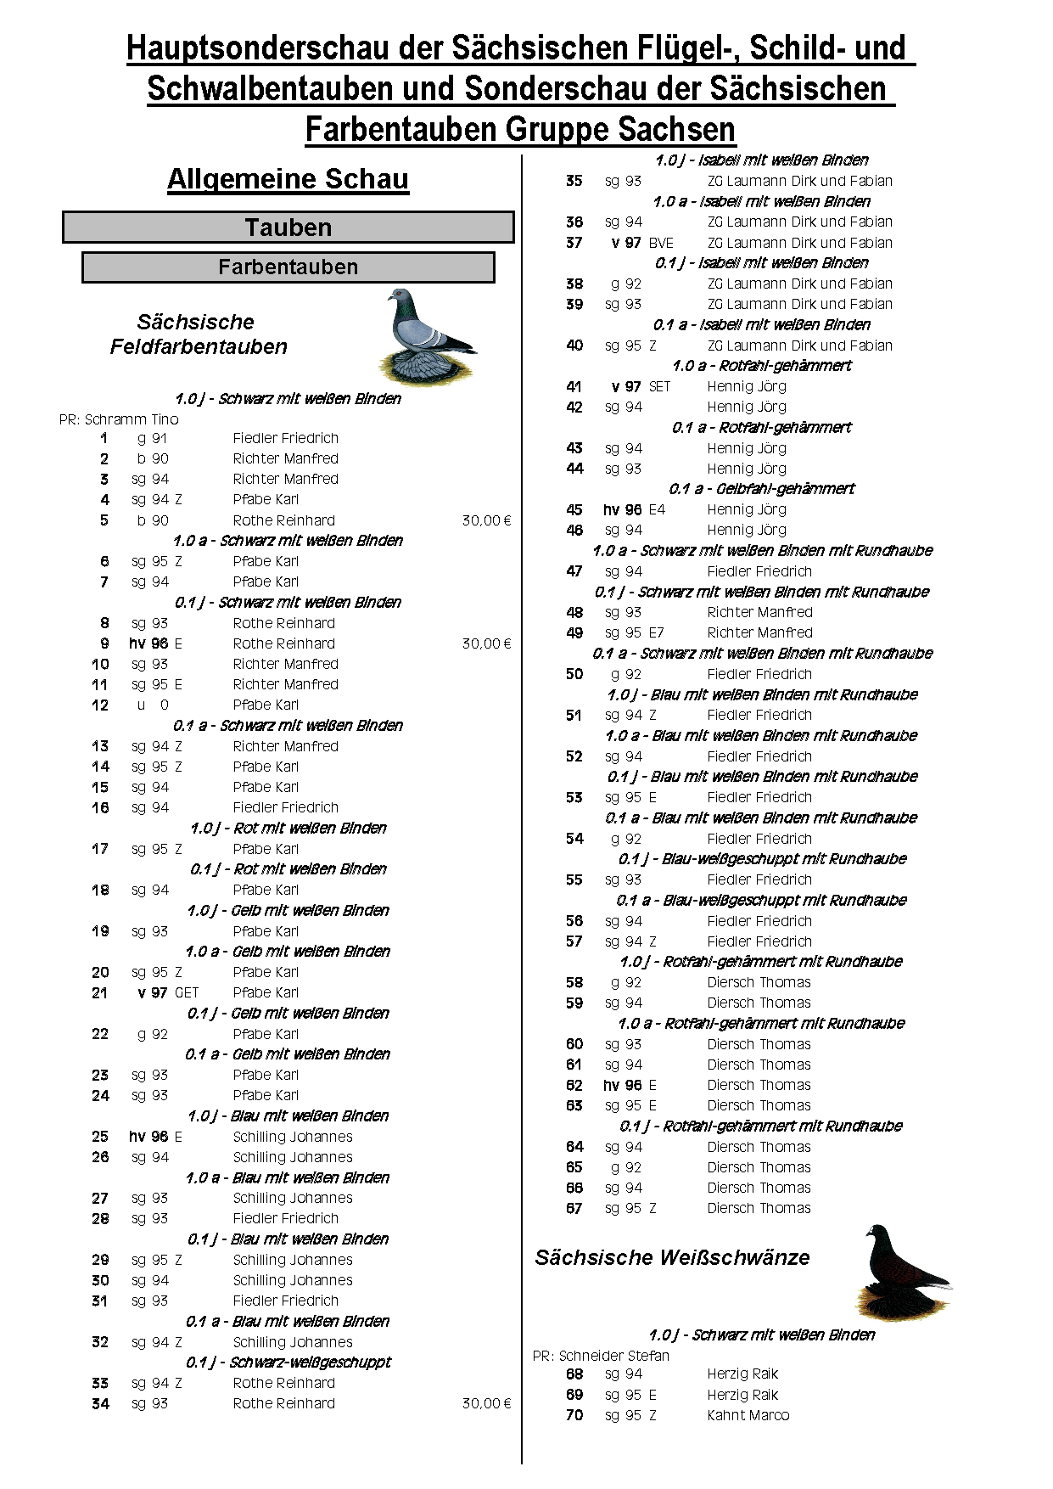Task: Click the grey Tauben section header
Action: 288,228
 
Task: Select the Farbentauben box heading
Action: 288,267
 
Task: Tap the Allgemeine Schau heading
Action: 288,179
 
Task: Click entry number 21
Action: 100,992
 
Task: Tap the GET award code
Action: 187,992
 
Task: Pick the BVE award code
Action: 661,243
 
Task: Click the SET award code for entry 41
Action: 659,386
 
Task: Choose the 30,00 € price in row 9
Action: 486,643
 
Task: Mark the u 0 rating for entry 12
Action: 153,705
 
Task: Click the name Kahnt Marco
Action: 748,1415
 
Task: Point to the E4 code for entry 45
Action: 657,509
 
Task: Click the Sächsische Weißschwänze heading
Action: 672,1257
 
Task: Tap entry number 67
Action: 574,1208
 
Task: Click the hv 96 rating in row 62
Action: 623,1085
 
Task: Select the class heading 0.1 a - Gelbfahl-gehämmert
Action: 761,489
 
